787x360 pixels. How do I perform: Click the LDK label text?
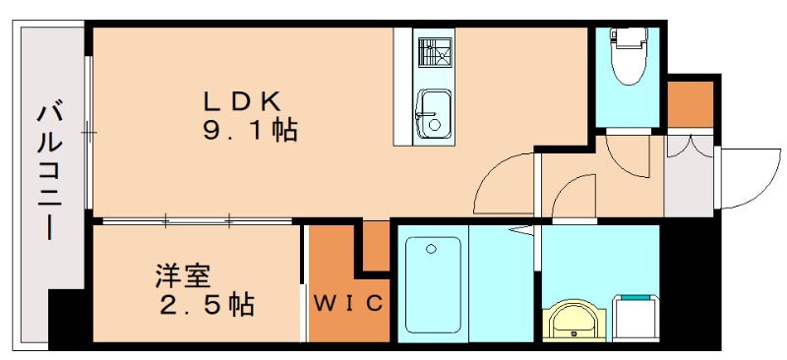(243, 100)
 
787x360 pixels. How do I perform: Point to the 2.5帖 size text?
(206, 305)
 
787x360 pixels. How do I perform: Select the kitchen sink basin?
(430, 112)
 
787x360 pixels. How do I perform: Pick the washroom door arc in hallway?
(574, 197)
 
